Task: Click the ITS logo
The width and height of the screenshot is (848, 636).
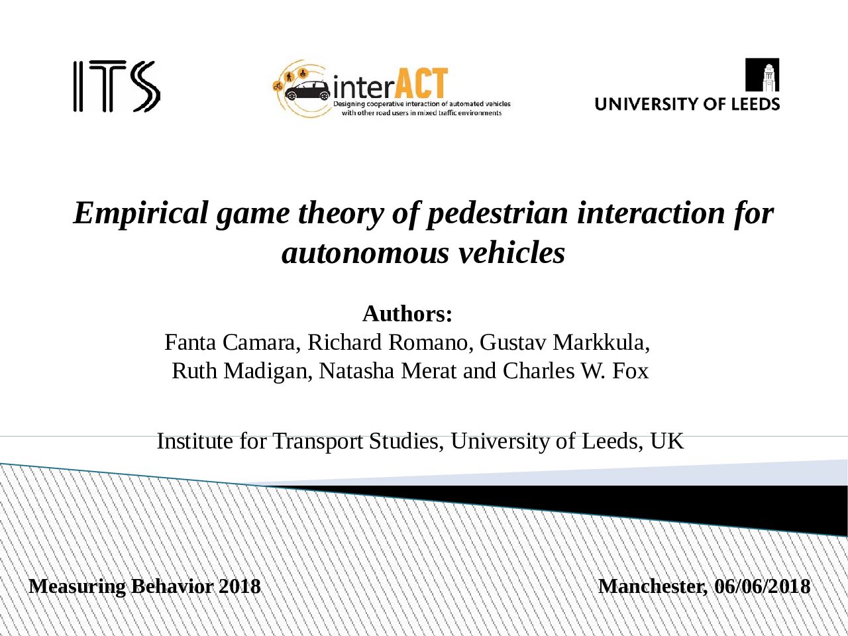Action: [117, 86]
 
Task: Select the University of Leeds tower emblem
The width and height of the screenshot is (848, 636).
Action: [762, 75]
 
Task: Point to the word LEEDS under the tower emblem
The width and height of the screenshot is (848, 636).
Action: [756, 104]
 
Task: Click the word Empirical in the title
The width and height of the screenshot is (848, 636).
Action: [141, 213]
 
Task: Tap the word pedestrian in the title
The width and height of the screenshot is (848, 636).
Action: [497, 213]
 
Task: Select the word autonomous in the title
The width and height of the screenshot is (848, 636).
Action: [366, 253]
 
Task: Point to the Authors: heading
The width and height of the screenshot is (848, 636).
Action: [407, 313]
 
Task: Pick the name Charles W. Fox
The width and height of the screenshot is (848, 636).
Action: [576, 371]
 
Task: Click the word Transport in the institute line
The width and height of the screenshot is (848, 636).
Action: [317, 441]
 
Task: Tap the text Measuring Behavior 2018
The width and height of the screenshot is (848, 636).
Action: [145, 586]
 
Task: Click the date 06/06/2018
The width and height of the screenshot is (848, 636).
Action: [762, 586]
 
